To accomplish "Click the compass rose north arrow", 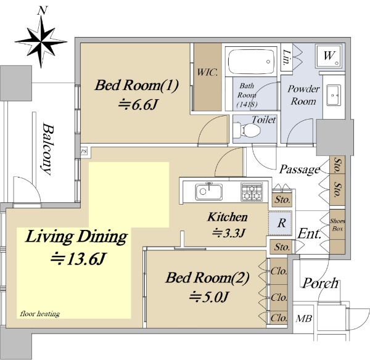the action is tap(41, 41).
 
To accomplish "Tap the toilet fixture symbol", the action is tap(247, 129).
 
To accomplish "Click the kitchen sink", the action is tap(208, 191).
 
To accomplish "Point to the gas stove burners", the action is tap(252, 192).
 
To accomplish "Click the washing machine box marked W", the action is tap(329, 56).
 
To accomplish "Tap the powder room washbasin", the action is tap(334, 96).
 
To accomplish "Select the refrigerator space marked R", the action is tap(281, 223).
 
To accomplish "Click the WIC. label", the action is tap(207, 72).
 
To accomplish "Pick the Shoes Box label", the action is tap(337, 225).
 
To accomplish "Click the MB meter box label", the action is tap(303, 319).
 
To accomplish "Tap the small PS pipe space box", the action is tap(84, 151).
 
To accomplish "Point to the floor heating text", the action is tap(40, 314).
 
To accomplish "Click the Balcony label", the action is tap(47, 149).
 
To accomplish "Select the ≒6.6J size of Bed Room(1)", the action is tap(138, 105).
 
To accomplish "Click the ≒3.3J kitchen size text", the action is tap(228, 233).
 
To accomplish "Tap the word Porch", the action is tap(320, 283).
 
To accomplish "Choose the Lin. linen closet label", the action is tap(286, 57).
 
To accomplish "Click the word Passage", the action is tap(300, 170).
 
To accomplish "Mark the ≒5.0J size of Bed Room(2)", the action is tap(209, 296).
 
